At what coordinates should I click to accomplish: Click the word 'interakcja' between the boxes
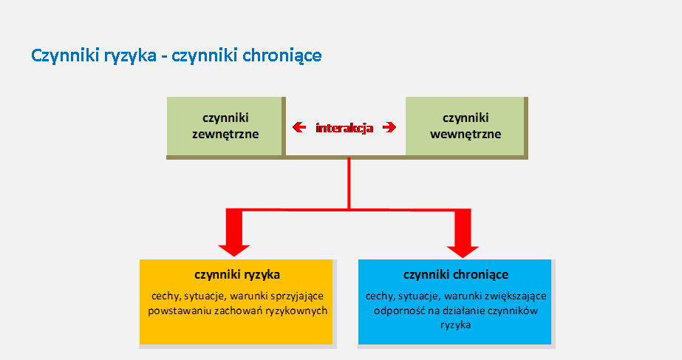click(x=344, y=128)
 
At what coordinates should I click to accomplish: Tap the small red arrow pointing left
click(x=299, y=127)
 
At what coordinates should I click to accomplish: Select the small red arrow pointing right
click(x=389, y=127)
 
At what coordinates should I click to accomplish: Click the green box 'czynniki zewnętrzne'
click(x=225, y=126)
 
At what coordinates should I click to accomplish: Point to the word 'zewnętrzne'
click(x=225, y=134)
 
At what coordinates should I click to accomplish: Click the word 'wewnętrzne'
click(x=466, y=134)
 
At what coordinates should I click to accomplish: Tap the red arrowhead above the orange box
click(x=234, y=233)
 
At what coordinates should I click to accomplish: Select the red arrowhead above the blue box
click(x=463, y=234)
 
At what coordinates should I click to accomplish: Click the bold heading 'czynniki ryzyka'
click(x=237, y=275)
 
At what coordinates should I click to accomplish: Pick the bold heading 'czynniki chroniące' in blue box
click(x=456, y=275)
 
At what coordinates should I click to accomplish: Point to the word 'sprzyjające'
click(x=297, y=296)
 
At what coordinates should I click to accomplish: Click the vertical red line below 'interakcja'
click(x=349, y=183)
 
